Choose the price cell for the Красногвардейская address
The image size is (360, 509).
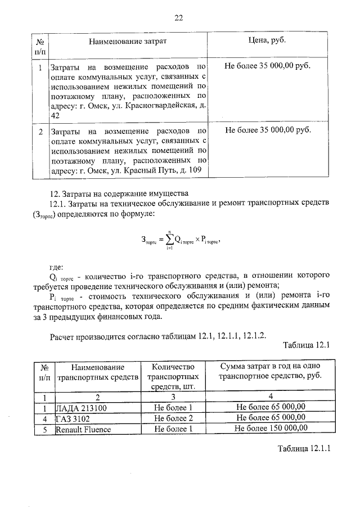(267, 66)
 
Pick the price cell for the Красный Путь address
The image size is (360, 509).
(267, 130)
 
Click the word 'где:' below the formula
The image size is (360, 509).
(57, 267)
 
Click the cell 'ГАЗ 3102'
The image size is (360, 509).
(73, 418)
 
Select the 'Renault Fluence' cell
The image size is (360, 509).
(83, 429)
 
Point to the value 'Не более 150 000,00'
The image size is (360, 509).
(271, 429)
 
